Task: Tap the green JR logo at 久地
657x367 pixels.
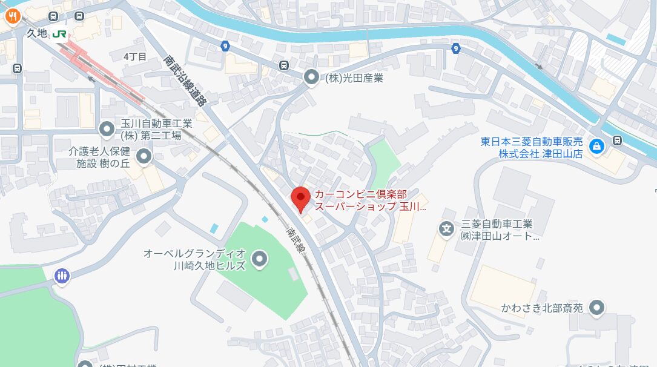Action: (x=59, y=34)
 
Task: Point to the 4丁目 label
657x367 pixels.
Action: (x=134, y=56)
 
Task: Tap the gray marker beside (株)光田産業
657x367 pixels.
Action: (x=311, y=77)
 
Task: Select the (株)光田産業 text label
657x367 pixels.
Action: (x=354, y=78)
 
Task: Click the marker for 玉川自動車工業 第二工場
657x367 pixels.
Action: (x=107, y=128)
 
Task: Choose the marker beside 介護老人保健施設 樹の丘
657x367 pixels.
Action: (x=144, y=157)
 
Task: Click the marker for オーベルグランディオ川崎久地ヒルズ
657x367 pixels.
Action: (x=260, y=259)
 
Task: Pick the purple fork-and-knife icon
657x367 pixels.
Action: (x=62, y=276)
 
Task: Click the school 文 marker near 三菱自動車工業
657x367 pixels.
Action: (x=446, y=229)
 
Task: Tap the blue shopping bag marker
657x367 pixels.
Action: (x=597, y=147)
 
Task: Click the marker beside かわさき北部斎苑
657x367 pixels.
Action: (x=597, y=308)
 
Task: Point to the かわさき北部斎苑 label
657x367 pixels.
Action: (x=542, y=308)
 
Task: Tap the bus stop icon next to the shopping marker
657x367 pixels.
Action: (x=617, y=141)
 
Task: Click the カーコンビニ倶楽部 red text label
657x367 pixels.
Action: (x=369, y=200)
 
